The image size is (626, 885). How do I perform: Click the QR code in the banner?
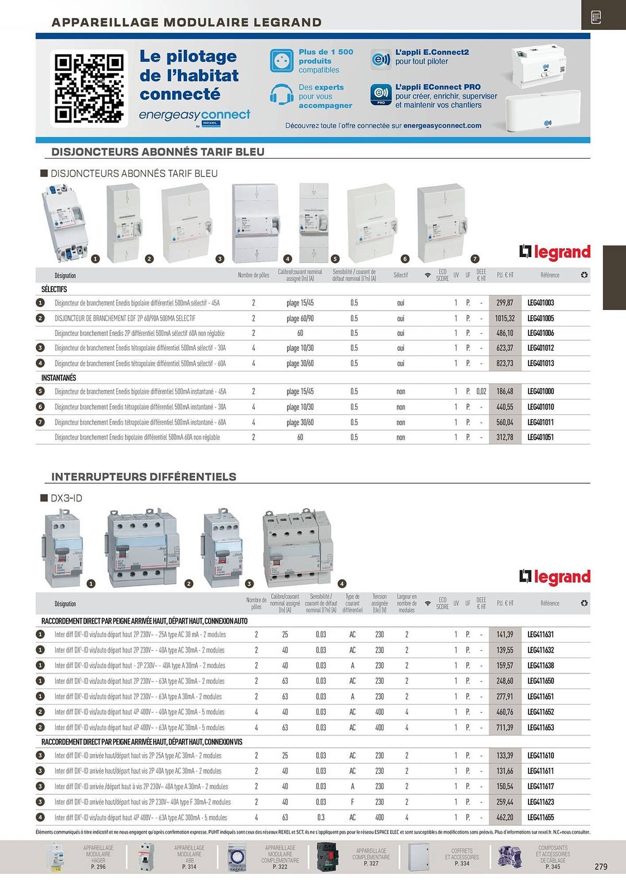tap(89, 88)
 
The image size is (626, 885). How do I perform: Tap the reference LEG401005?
tap(541, 318)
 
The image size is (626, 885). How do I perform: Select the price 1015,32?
tap(505, 318)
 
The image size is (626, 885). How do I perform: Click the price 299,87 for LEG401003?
tap(505, 303)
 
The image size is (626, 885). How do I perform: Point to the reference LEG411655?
tap(541, 817)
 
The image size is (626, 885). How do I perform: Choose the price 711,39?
tap(505, 727)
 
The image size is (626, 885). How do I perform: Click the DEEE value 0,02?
tap(481, 391)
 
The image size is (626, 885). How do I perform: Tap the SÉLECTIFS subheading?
tap(54, 289)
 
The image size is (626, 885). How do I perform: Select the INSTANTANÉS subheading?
tap(58, 377)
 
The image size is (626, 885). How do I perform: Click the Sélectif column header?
tap(401, 275)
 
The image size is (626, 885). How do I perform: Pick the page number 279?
tap(601, 866)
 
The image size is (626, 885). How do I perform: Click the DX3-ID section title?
tap(66, 498)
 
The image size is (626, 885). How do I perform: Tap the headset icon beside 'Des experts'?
tap(282, 95)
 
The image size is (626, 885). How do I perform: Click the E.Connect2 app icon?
tap(381, 59)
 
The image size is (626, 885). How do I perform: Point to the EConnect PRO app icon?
tap(381, 95)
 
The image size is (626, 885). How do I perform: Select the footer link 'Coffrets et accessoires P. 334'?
tap(462, 857)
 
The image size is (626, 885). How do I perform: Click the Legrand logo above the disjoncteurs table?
tap(555, 252)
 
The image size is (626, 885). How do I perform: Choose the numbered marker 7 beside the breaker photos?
tap(475, 259)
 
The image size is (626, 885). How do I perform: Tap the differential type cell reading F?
tap(352, 802)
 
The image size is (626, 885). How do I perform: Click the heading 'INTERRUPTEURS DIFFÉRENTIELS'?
tap(144, 477)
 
